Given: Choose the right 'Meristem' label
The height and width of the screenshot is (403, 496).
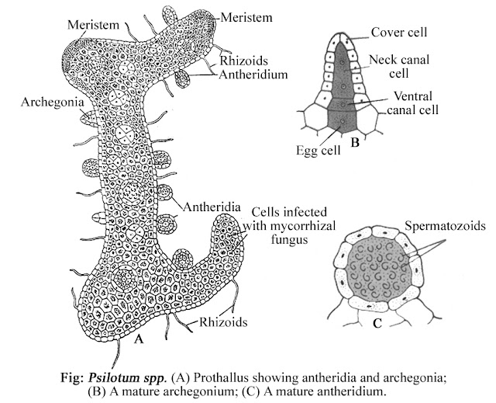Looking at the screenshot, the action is click(245, 16).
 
